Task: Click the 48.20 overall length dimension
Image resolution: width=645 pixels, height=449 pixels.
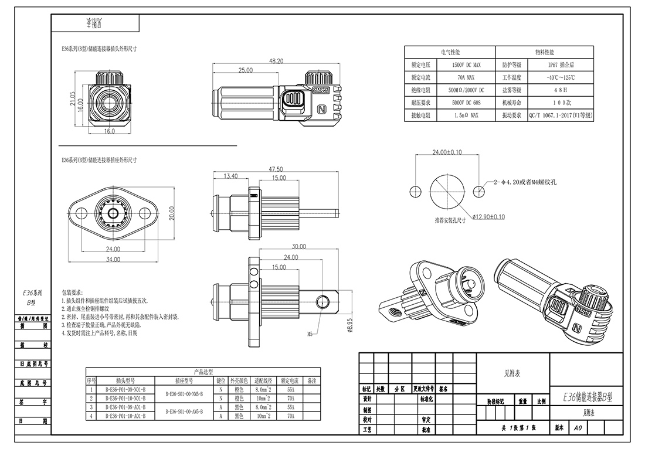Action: [276, 61]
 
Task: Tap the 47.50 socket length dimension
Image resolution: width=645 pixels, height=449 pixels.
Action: [276, 169]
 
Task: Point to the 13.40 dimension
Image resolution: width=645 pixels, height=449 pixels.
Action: [230, 176]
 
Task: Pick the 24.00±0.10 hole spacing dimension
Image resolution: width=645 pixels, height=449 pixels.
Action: [447, 152]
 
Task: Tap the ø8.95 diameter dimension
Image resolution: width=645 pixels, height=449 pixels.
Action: [349, 324]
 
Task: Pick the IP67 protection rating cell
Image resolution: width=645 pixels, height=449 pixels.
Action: [561, 65]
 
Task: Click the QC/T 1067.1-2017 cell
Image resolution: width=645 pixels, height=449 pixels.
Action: [561, 116]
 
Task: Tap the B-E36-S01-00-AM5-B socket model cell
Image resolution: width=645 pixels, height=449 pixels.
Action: [185, 411]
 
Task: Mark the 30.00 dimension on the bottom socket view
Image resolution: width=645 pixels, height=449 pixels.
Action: [298, 246]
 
